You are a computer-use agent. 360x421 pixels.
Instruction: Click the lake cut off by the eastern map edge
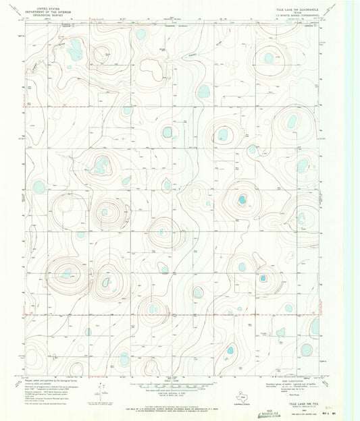315,327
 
